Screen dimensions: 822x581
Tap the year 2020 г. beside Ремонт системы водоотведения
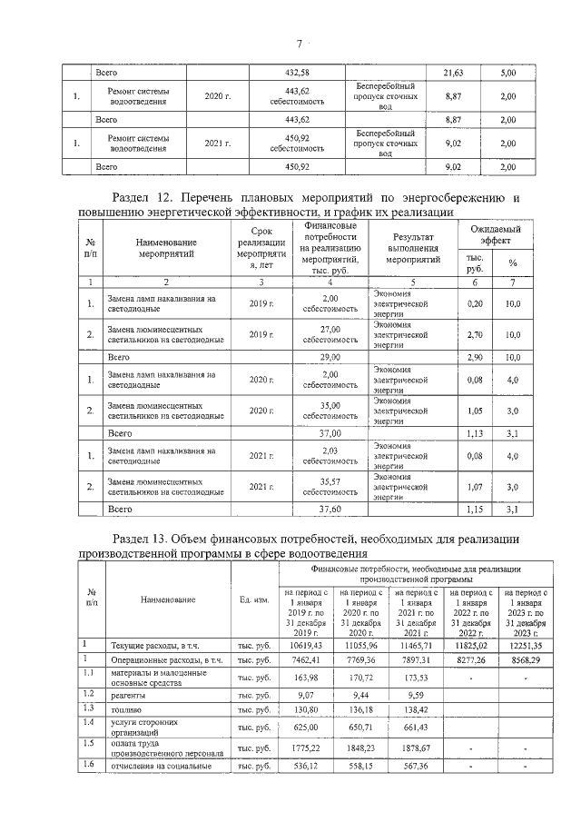(x=218, y=95)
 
